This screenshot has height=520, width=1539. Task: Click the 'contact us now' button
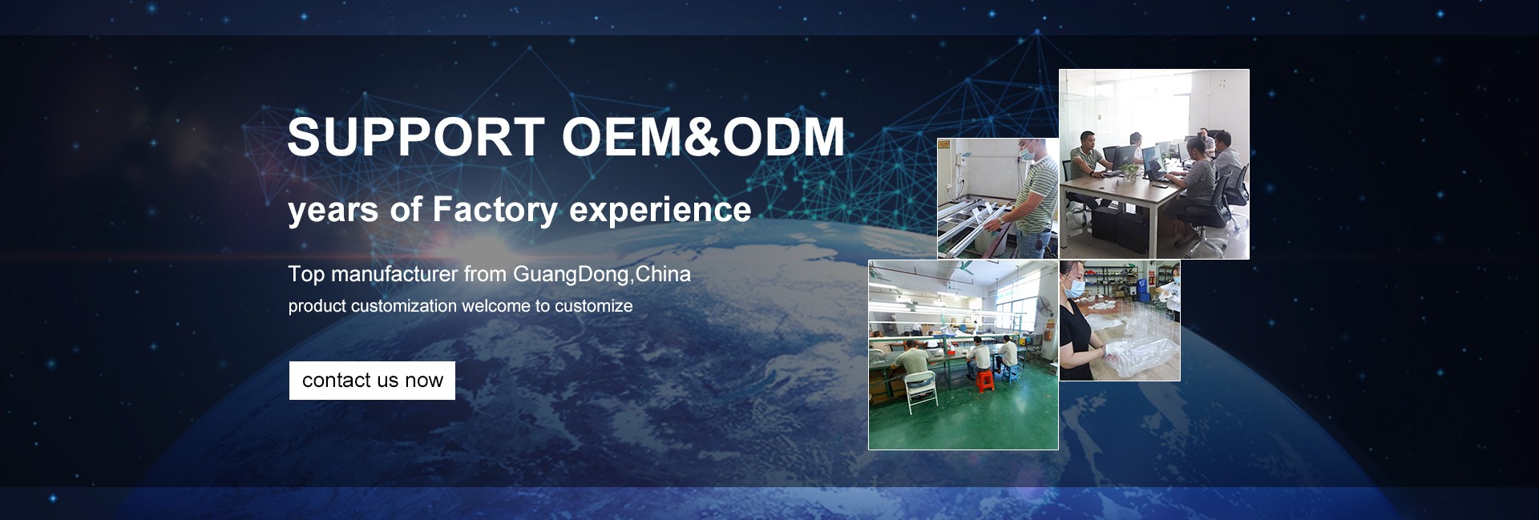tap(372, 381)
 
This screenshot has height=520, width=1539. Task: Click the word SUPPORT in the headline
tap(416, 137)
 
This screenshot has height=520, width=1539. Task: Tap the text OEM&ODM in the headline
tap(703, 137)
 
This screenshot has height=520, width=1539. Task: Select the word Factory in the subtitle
tap(495, 210)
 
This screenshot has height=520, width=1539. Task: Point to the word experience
tap(660, 211)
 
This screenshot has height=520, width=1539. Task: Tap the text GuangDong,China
tap(601, 275)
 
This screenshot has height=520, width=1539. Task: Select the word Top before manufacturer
tap(306, 275)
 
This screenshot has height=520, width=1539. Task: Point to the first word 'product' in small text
tap(317, 307)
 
